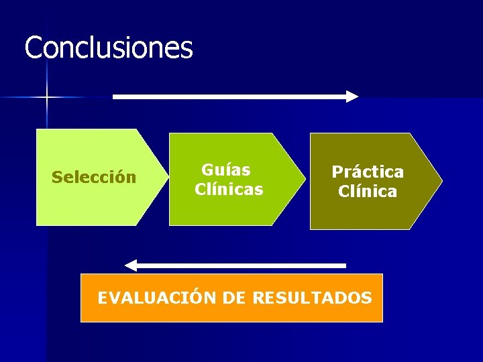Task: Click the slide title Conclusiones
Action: [109, 48]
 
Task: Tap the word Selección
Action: [94, 178]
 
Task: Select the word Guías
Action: [226, 170]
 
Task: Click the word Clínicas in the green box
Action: [229, 190]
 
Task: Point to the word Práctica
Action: [368, 172]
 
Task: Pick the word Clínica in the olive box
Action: [368, 192]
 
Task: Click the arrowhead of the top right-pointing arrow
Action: [352, 97]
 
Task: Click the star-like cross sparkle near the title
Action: [46, 98]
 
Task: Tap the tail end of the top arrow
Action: [115, 97]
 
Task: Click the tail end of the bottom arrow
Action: [344, 265]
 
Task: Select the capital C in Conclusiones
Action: [32, 48]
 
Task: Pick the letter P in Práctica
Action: [337, 172]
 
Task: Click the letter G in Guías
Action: [207, 170]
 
